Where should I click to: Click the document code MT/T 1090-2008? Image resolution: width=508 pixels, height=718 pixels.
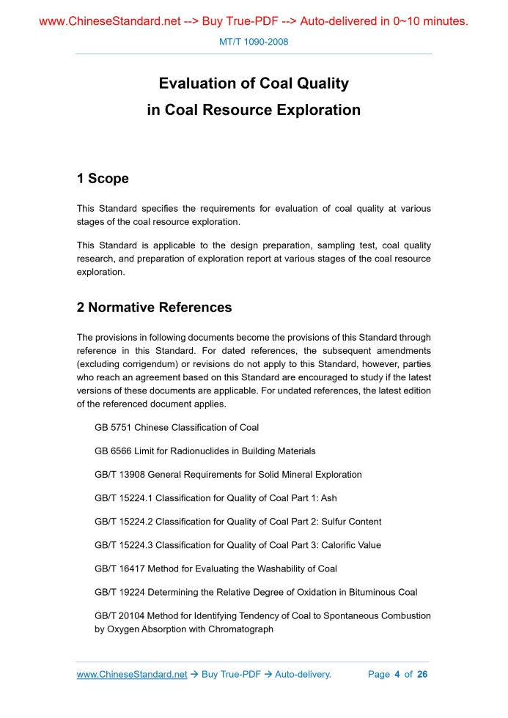(254, 42)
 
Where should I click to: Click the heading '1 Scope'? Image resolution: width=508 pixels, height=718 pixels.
(103, 179)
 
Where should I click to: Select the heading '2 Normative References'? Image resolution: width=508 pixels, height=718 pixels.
(154, 308)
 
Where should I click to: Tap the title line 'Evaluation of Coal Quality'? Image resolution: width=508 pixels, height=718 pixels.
(254, 84)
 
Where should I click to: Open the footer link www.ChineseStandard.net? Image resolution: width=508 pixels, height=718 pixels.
(132, 674)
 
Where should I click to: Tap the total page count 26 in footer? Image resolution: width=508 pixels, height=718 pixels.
(422, 674)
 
